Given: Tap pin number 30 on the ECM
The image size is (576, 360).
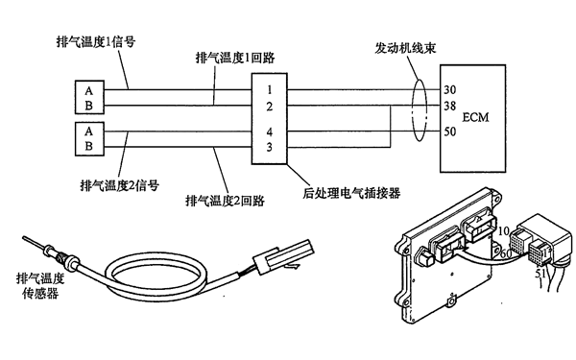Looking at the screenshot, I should click(450, 89).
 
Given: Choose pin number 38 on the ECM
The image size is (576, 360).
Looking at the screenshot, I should click(450, 107).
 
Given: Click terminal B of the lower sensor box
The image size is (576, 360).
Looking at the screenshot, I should click(89, 146).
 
